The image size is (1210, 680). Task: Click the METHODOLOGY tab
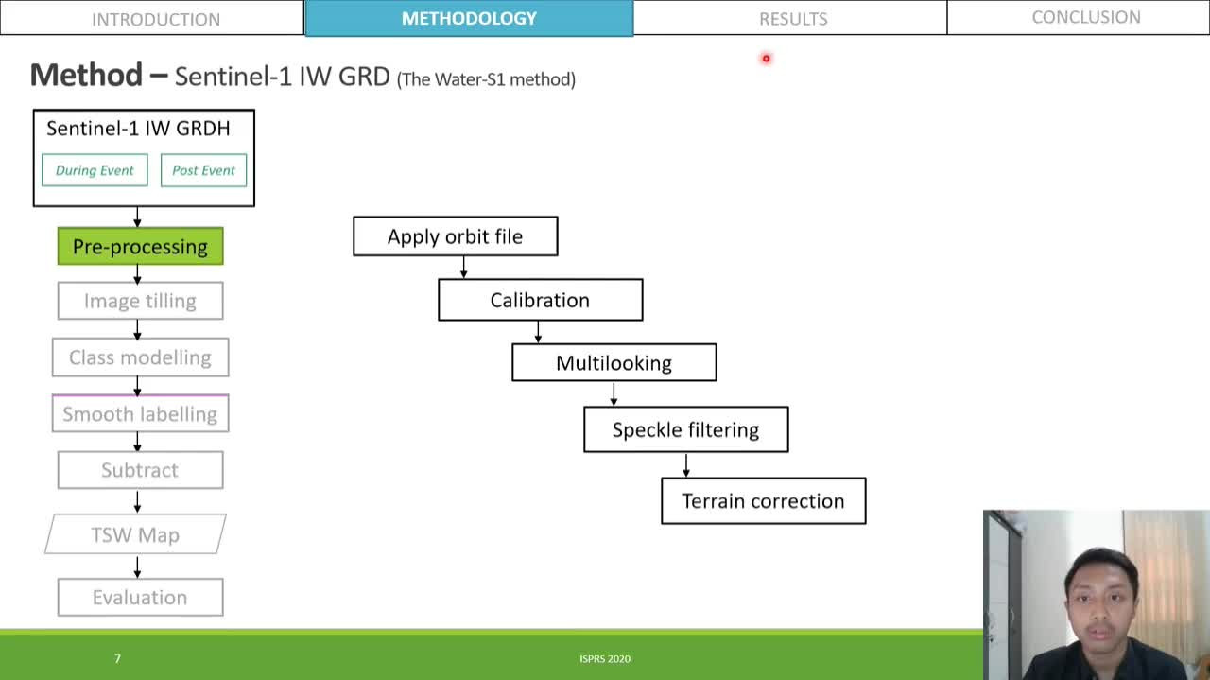click(469, 18)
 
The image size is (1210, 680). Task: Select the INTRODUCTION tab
click(155, 18)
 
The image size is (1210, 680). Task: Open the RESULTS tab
click(792, 18)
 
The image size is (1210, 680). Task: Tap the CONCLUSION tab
click(1085, 17)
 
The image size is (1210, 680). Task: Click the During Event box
click(95, 170)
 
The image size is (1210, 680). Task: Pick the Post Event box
click(203, 170)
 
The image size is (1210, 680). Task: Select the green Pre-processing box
click(140, 246)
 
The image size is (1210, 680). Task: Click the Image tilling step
click(140, 301)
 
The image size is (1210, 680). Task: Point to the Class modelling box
click(140, 357)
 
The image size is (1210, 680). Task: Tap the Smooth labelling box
click(140, 413)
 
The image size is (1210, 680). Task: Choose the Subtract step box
click(140, 470)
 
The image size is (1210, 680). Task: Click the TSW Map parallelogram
click(135, 534)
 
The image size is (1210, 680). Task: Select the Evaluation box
click(140, 597)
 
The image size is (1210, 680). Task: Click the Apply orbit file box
click(455, 236)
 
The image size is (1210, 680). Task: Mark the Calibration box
click(540, 300)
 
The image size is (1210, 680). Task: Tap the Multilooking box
click(614, 363)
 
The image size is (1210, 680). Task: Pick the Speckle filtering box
click(685, 429)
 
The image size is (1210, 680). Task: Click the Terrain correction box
click(763, 500)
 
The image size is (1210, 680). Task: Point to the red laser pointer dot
click(766, 59)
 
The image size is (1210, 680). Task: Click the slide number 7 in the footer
click(117, 658)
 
